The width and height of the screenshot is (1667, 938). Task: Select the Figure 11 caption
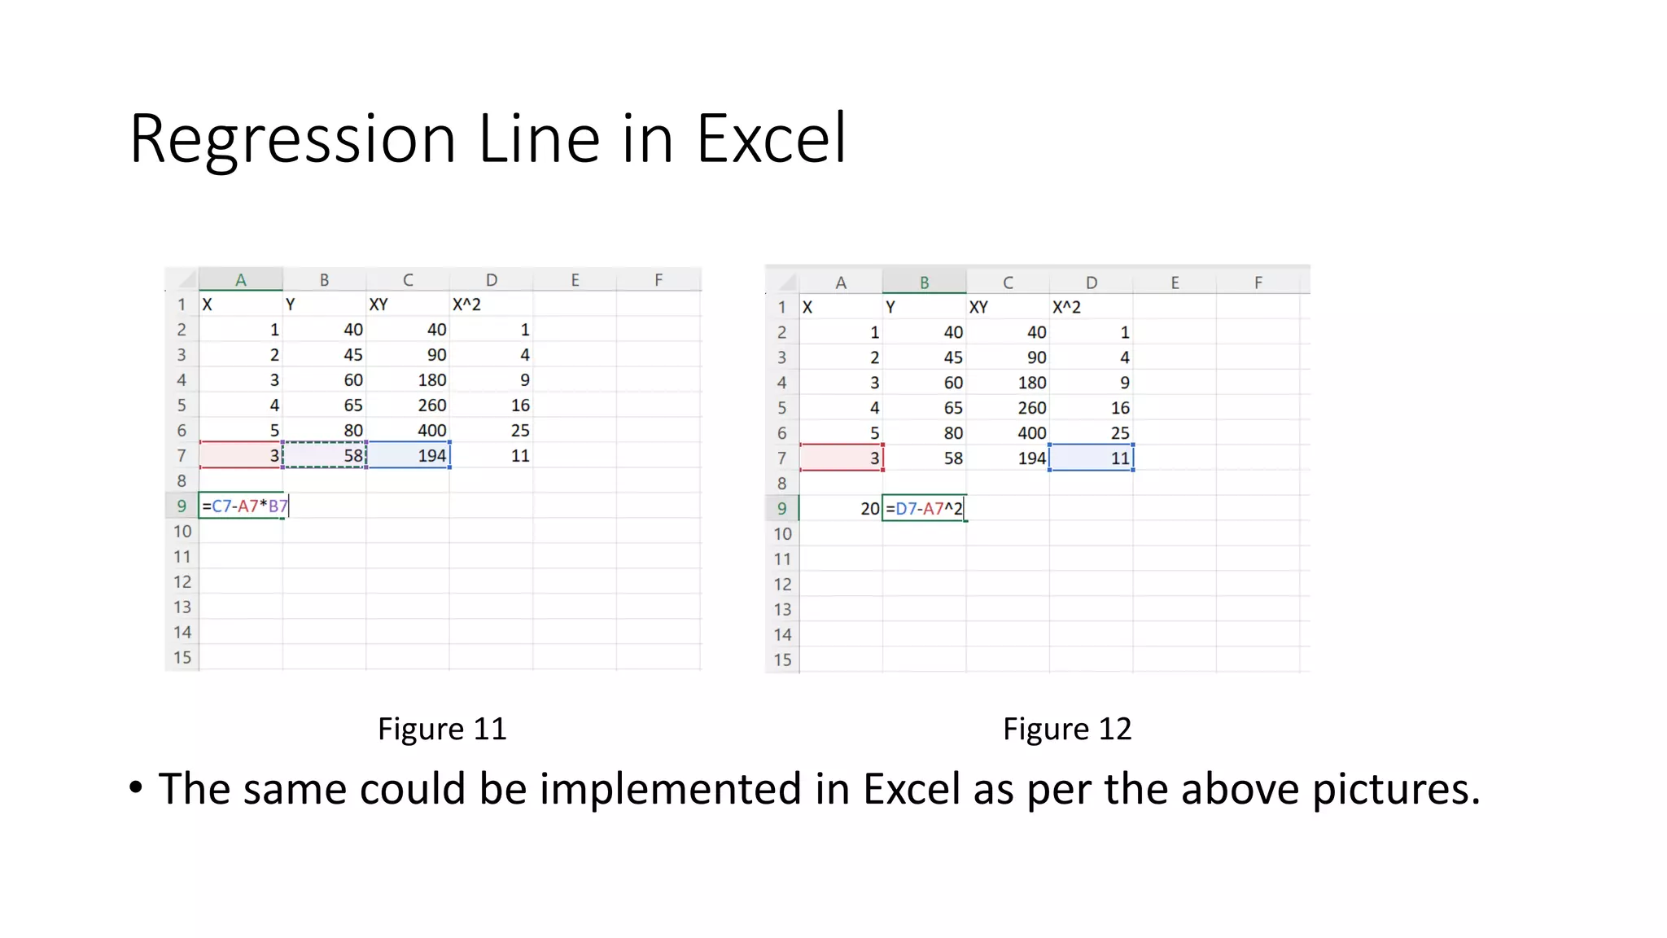tap(442, 729)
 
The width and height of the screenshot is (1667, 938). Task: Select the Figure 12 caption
tap(1066, 729)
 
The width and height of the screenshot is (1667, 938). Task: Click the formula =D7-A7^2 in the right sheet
tap(924, 509)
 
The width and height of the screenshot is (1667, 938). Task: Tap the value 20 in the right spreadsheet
tap(869, 509)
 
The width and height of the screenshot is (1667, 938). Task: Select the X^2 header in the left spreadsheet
tap(467, 305)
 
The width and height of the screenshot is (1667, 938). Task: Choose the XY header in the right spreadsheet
tap(978, 307)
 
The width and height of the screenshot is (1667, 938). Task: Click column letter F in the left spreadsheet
tap(658, 280)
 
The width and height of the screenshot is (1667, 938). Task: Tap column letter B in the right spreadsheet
tap(924, 283)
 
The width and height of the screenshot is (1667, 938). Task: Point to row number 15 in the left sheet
tap(182, 657)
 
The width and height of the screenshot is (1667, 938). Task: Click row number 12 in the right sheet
tap(782, 584)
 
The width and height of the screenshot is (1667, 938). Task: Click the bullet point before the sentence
tap(136, 788)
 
